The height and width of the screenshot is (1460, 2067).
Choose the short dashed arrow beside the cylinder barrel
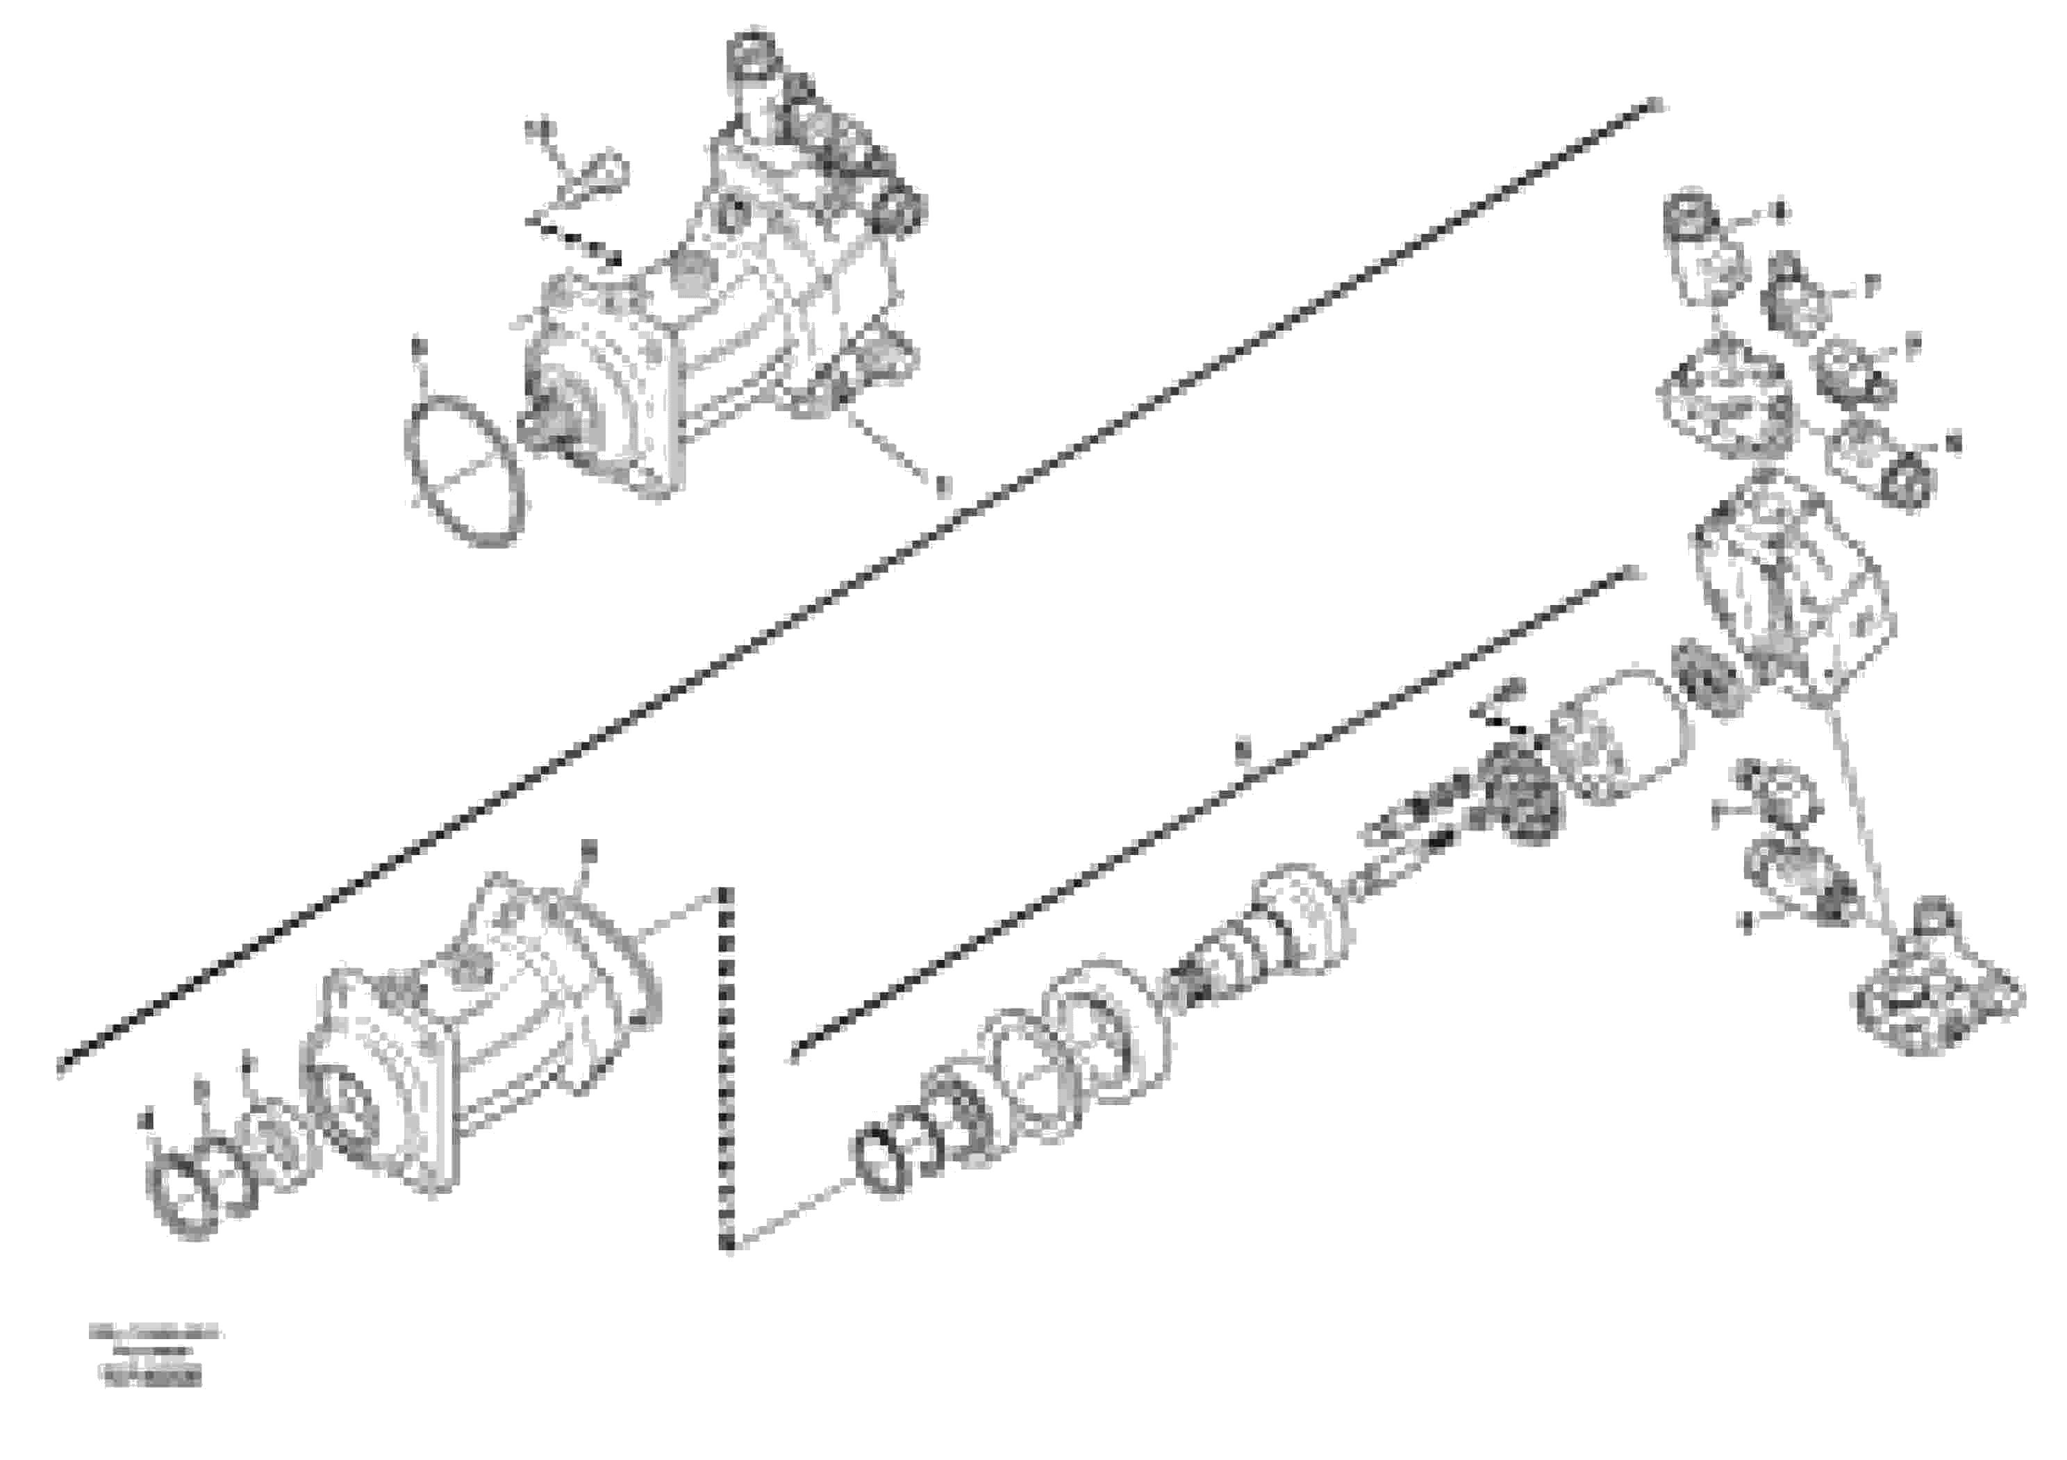1504,720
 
